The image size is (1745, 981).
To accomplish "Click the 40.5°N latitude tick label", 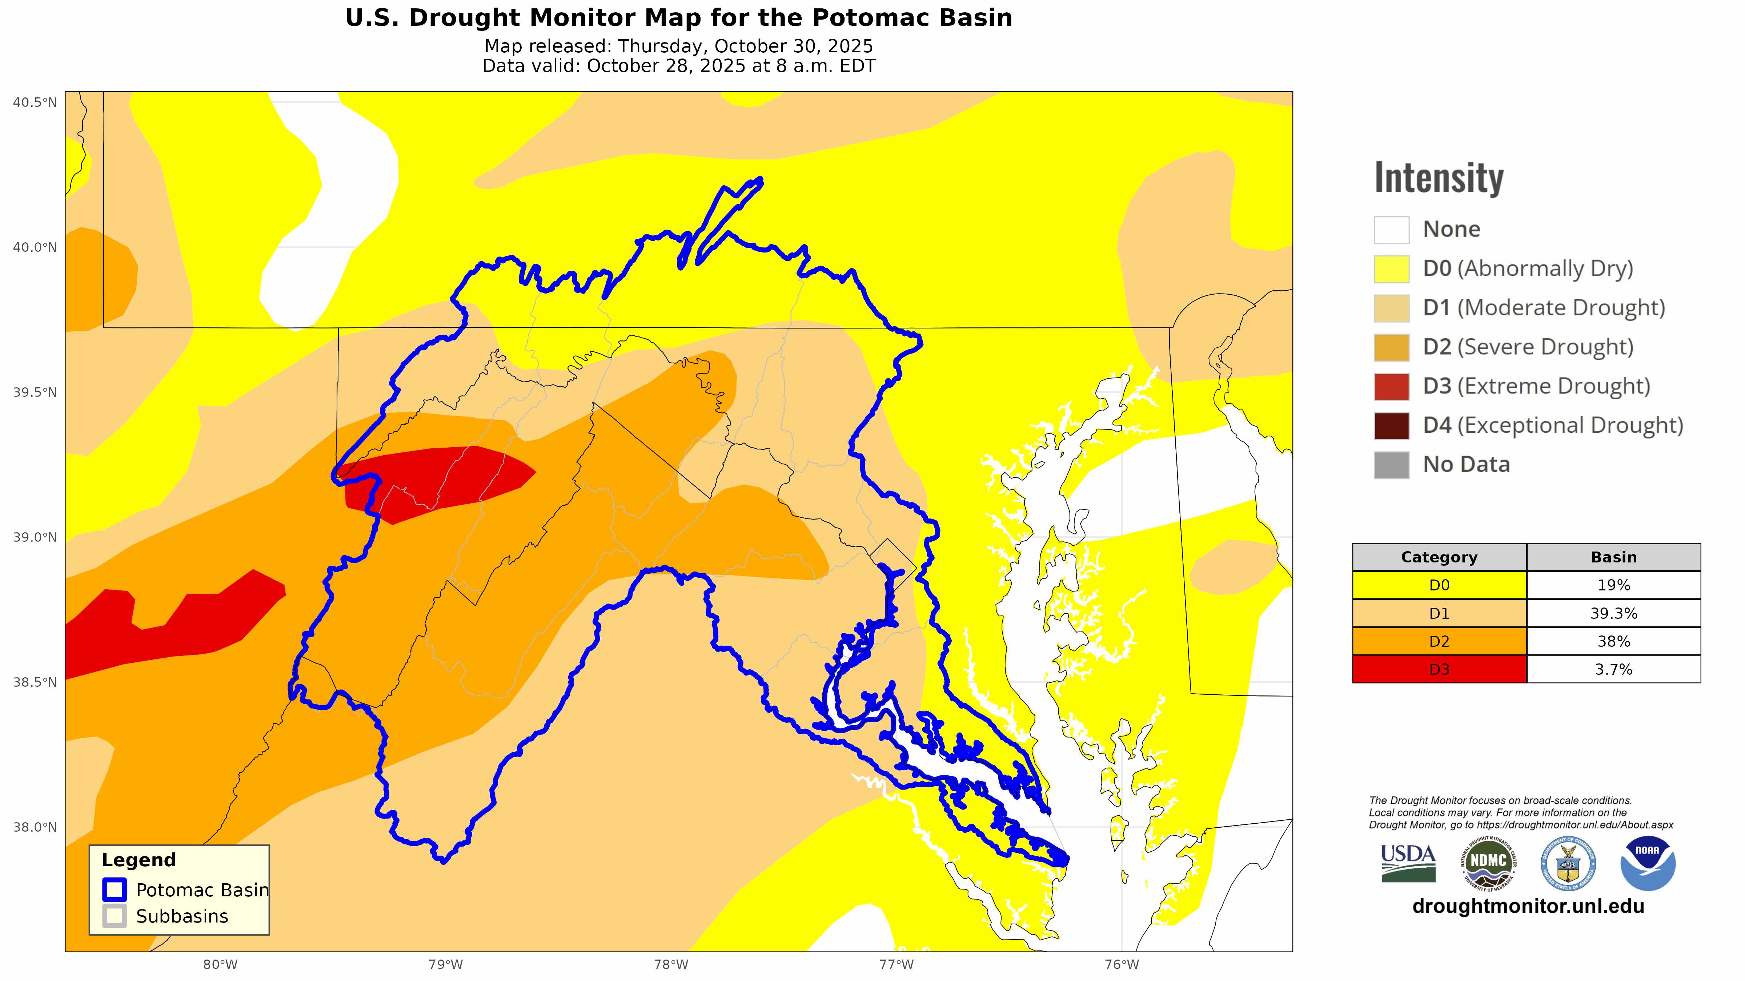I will pos(35,102).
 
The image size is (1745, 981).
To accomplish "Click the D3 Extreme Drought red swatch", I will pos(1391,387).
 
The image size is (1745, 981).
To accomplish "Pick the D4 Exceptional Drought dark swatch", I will pos(1391,426).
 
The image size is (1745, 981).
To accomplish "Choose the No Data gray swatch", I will pos(1391,465).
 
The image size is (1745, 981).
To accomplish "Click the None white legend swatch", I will pos(1391,230).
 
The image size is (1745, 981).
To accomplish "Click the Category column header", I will pos(1439,557).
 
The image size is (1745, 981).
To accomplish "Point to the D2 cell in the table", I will pos(1439,641).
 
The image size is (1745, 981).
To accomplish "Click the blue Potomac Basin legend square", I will pos(115,889).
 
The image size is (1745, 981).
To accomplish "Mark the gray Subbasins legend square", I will pos(115,916).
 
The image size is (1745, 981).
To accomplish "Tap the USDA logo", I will pos(1408,863).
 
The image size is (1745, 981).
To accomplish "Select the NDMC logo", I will pos(1488,863).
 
